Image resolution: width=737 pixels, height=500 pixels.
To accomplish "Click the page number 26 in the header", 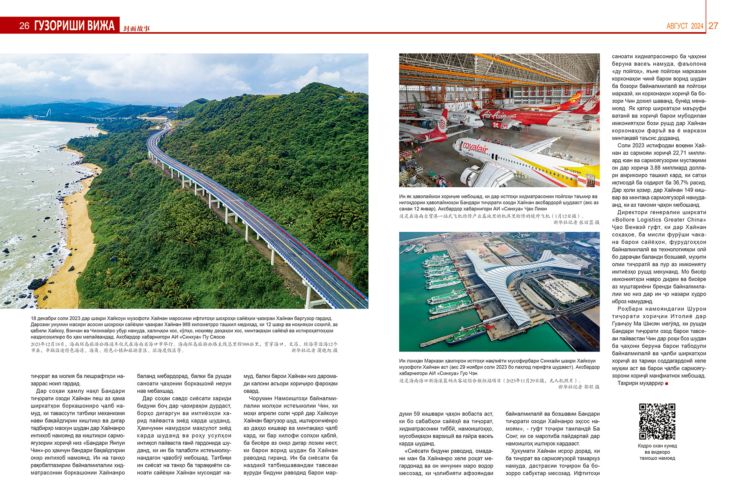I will click(24, 26).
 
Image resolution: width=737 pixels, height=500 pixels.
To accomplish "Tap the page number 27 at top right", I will click(713, 26).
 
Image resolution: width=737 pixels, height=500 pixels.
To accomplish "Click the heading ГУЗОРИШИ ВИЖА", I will click(74, 26).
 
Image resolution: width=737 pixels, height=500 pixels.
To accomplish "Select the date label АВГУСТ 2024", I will click(685, 26).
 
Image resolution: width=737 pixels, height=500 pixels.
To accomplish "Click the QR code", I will click(657, 421).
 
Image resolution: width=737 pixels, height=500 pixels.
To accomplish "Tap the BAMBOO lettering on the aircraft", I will click(459, 116).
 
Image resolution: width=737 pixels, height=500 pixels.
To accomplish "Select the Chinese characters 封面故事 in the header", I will click(137, 28).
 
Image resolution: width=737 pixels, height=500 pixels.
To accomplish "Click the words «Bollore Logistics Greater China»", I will click(659, 220).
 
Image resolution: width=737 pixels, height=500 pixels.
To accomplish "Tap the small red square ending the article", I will click(667, 383).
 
